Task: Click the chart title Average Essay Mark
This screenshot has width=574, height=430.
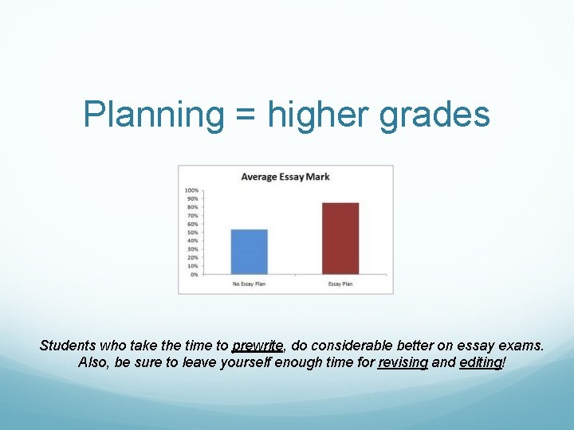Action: point(285,177)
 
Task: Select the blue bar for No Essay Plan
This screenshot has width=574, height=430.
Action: point(249,252)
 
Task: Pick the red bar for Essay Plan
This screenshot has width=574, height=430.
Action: point(340,238)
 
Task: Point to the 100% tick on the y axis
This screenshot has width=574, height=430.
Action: point(191,190)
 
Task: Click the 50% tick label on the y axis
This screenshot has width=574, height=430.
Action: point(192,233)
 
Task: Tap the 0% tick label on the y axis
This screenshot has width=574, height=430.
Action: point(194,275)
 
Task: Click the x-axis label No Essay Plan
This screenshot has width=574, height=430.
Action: point(249,284)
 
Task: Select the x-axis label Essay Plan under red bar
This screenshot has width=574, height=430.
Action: point(340,284)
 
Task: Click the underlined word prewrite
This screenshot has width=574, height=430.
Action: point(258,346)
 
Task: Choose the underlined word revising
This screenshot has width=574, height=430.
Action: point(403,363)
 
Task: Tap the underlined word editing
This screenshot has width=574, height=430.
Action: point(481,363)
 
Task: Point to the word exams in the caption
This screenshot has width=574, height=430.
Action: point(524,346)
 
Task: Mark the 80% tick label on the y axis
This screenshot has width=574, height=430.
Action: point(192,207)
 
